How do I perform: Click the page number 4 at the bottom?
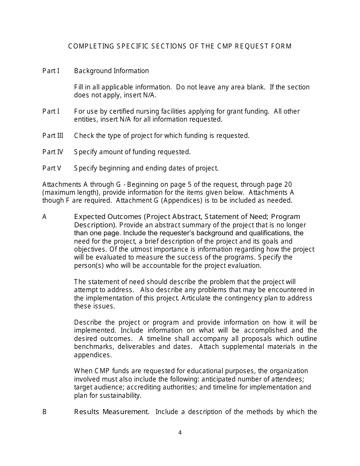(x=180, y=433)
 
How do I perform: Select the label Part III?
(x=53, y=136)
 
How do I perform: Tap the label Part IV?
(x=53, y=152)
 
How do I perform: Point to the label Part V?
(x=52, y=168)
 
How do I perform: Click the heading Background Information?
(x=111, y=71)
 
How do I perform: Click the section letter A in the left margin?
(x=44, y=217)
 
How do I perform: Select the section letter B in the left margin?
(x=44, y=412)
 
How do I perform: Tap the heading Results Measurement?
(x=111, y=412)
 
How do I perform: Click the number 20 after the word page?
(x=288, y=185)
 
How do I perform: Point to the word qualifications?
(x=270, y=233)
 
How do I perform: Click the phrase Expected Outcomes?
(x=107, y=217)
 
